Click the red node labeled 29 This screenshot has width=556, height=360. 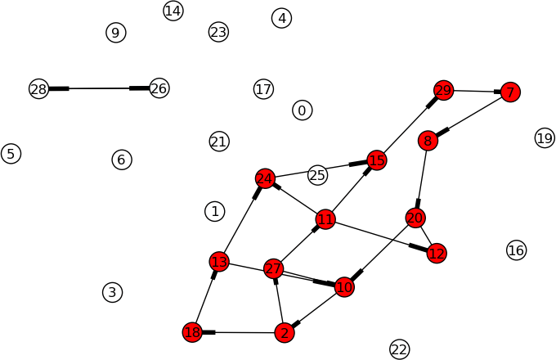[443, 91]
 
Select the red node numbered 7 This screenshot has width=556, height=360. [510, 92]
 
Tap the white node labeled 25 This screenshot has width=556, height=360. [317, 175]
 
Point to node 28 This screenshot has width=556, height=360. [38, 88]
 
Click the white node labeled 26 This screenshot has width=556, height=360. [159, 88]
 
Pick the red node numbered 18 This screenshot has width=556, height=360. [192, 332]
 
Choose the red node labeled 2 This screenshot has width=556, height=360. [285, 333]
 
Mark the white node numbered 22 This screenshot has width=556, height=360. [400, 349]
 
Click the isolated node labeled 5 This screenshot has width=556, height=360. [11, 154]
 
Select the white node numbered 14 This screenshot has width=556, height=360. [173, 11]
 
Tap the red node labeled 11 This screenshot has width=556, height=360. [325, 219]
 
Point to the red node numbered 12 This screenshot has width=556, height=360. [437, 254]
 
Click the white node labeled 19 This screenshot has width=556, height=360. [545, 138]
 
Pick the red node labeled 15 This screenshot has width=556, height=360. [377, 160]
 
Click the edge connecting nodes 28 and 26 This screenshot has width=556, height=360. [99, 88]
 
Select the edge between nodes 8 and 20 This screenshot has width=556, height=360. [422, 179]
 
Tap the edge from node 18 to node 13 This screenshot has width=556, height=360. [206, 297]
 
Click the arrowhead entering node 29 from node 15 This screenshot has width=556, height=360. [432, 102]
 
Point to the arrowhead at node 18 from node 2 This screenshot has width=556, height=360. [208, 332]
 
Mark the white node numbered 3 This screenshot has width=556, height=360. [112, 293]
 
